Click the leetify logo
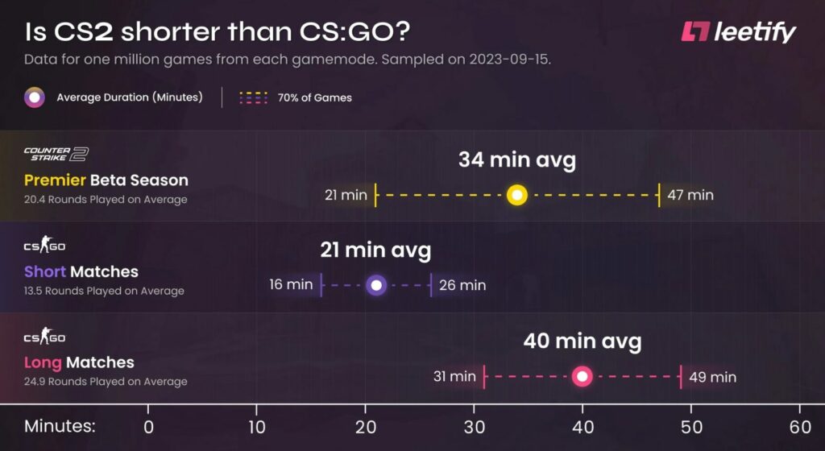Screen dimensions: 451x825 pyautogui.click(x=738, y=32)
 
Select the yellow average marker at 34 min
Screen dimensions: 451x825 pyautogui.click(x=517, y=195)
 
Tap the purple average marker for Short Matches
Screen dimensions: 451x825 pyautogui.click(x=376, y=285)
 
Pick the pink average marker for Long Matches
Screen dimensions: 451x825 pyautogui.click(x=582, y=376)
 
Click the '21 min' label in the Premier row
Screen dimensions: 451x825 pyautogui.click(x=346, y=195)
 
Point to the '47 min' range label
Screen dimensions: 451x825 pyautogui.click(x=690, y=195)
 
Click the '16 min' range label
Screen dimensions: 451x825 pyautogui.click(x=291, y=285)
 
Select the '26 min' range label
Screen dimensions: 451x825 pyautogui.click(x=462, y=285)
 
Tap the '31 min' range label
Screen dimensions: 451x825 pyautogui.click(x=454, y=376)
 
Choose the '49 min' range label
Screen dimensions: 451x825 pyautogui.click(x=713, y=376)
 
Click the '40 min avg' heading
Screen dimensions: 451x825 pyautogui.click(x=582, y=341)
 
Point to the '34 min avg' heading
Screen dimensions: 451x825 pyautogui.click(x=517, y=160)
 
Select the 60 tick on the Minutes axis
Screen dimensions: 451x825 pyautogui.click(x=799, y=427)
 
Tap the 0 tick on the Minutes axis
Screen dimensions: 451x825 pyautogui.click(x=149, y=427)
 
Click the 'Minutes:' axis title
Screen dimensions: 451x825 pyautogui.click(x=60, y=427)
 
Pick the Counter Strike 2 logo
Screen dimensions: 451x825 pyautogui.click(x=56, y=154)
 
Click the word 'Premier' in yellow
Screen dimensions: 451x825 pyautogui.click(x=55, y=180)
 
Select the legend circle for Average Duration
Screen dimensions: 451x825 pyautogui.click(x=35, y=98)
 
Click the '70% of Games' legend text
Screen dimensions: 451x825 pyautogui.click(x=315, y=98)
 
